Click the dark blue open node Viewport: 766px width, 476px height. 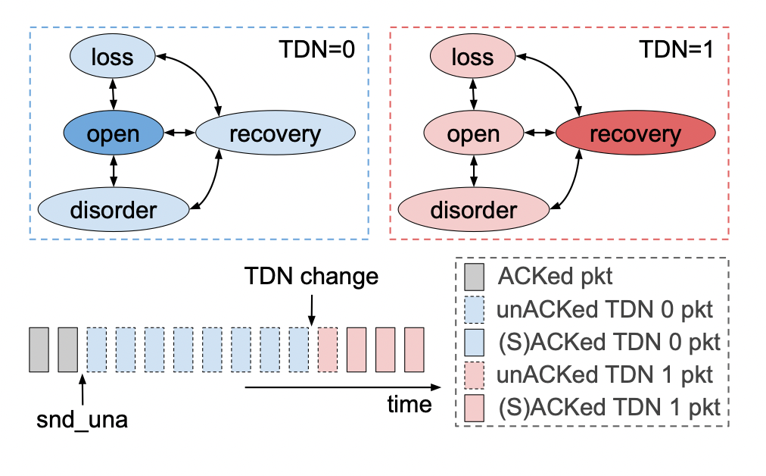(x=113, y=134)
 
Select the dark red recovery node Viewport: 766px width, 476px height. (x=635, y=134)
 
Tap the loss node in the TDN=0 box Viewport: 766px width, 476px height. (x=113, y=57)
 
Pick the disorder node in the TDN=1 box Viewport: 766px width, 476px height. (x=474, y=209)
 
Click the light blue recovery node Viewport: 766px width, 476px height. (x=275, y=134)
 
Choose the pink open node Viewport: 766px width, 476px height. (x=474, y=134)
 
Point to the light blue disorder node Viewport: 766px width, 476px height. (x=113, y=209)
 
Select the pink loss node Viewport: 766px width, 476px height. (x=474, y=57)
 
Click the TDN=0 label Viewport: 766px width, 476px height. (x=317, y=51)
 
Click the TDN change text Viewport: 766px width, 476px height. (x=311, y=276)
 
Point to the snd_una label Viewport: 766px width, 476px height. (x=82, y=419)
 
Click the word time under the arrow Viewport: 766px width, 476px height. (x=409, y=404)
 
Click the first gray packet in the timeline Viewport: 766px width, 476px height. (x=39, y=349)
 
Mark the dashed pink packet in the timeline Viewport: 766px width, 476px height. (x=329, y=349)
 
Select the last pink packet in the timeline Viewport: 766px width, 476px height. (x=415, y=349)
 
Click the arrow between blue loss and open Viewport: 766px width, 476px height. (x=113, y=96)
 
